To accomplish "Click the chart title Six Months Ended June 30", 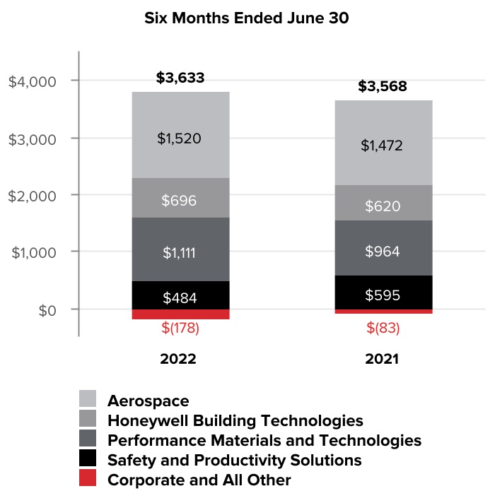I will pyautogui.click(x=247, y=18).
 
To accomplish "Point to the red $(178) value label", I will pyautogui.click(x=180, y=329).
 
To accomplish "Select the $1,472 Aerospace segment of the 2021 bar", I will pyautogui.click(x=382, y=145).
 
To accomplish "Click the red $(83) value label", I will pyautogui.click(x=382, y=328).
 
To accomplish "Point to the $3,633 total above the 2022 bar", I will pyautogui.click(x=180, y=78).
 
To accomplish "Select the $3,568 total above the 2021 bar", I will pyautogui.click(x=382, y=87).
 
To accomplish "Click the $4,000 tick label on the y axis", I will pyautogui.click(x=33, y=81).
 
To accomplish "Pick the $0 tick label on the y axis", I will pyautogui.click(x=47, y=309).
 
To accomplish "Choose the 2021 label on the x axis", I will pyautogui.click(x=382, y=358).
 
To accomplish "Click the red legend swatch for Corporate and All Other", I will pyautogui.click(x=87, y=480).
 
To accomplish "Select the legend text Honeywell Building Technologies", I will pyautogui.click(x=235, y=421).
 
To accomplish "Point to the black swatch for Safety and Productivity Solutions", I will pyautogui.click(x=87, y=461).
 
